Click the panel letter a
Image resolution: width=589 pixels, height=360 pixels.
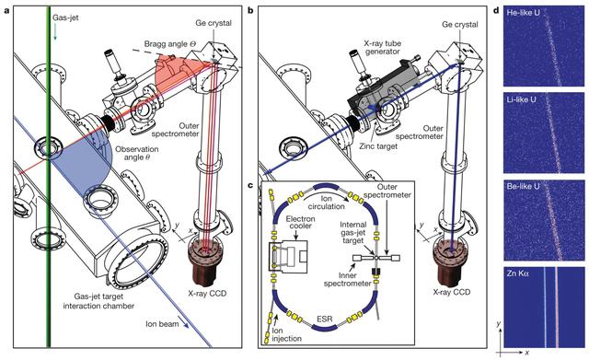tap(6, 10)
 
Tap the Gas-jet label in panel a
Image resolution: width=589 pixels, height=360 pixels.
tap(65, 17)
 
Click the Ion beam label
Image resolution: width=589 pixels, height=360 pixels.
tap(162, 323)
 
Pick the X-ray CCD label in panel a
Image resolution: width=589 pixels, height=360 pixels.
tap(207, 293)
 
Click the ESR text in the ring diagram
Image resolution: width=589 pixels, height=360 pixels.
tap(326, 319)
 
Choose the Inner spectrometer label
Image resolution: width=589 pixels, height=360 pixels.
tap(348, 279)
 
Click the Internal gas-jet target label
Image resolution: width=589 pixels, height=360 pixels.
tap(352, 232)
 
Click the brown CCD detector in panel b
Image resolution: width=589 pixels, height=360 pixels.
tap(450, 264)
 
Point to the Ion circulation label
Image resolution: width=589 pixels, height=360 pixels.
tap(326, 202)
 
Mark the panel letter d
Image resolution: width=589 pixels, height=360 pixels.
tap(497, 10)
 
